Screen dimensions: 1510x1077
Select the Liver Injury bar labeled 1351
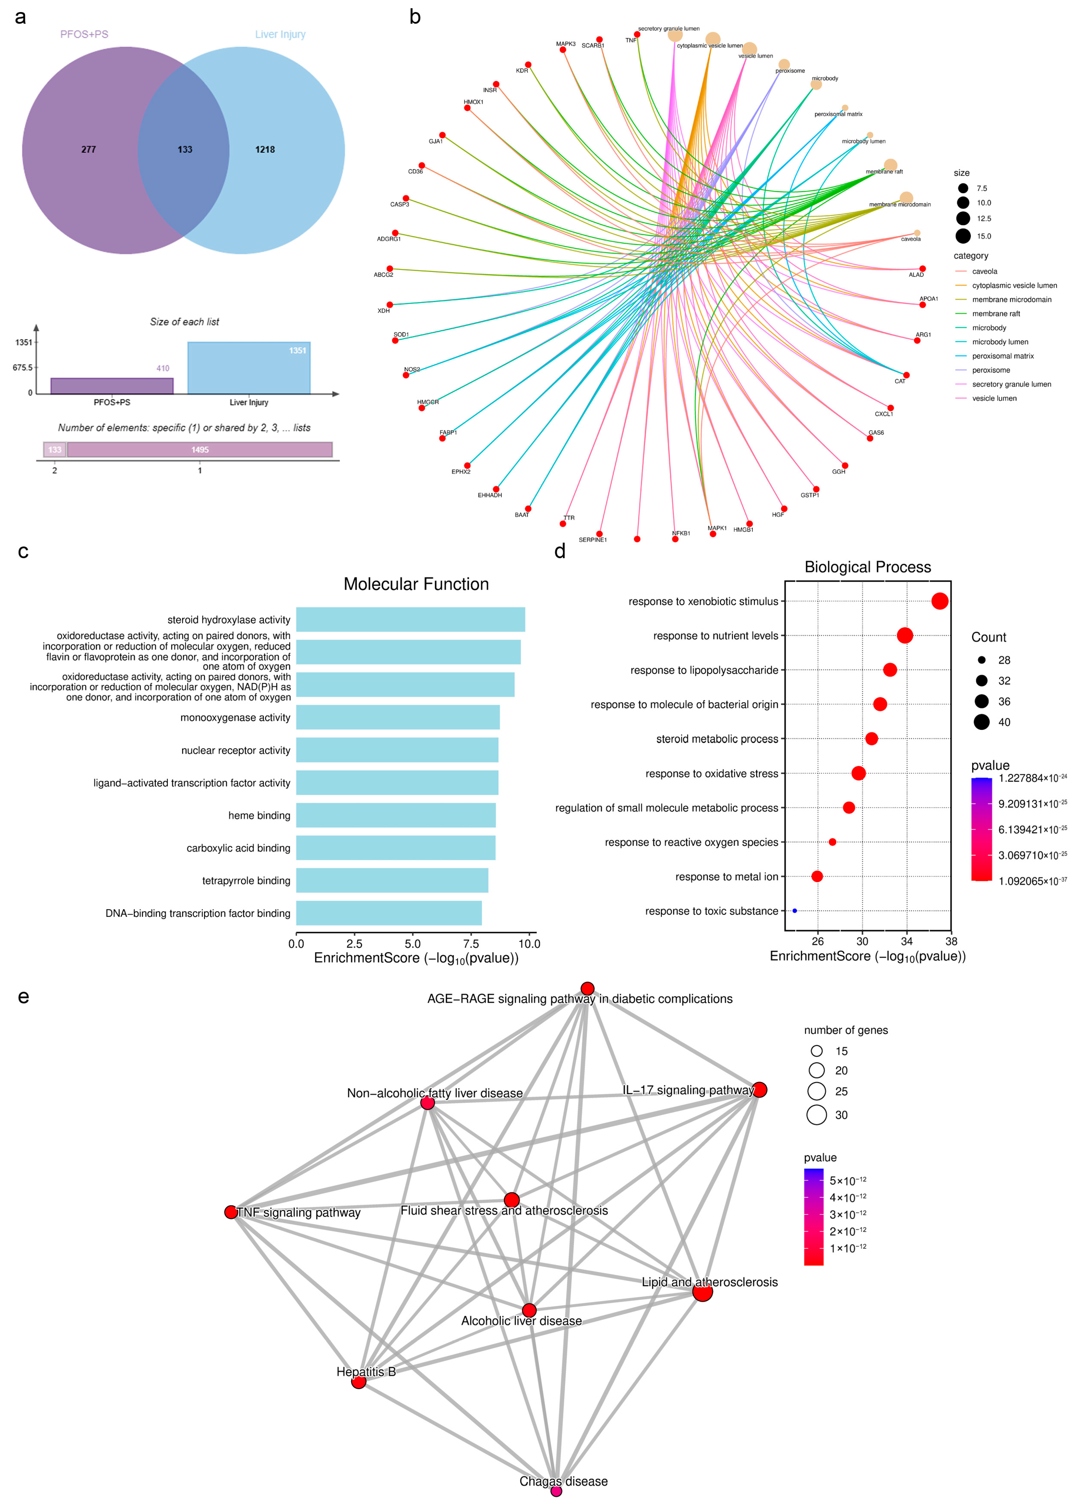(x=249, y=368)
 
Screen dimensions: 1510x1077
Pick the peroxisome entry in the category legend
(x=991, y=370)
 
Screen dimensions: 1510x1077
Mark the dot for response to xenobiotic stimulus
(x=939, y=601)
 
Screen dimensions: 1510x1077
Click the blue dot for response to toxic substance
(x=795, y=911)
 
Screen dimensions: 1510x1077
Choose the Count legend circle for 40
(x=982, y=722)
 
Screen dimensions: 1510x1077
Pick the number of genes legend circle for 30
(x=816, y=1115)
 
